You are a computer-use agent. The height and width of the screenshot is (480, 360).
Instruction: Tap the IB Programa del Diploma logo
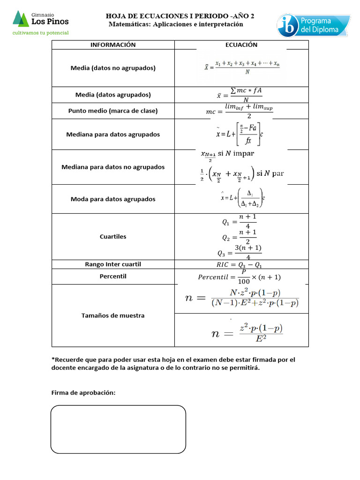[313, 25]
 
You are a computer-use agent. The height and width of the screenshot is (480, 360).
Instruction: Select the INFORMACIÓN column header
[113, 45]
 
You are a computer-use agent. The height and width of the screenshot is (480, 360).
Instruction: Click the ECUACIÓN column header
[241, 45]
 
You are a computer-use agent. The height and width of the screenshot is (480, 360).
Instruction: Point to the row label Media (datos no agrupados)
[113, 68]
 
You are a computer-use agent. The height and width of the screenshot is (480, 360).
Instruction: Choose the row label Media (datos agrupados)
[113, 95]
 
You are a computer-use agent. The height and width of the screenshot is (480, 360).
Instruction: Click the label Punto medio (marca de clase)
[113, 111]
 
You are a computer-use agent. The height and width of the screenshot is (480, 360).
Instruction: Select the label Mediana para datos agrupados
[113, 135]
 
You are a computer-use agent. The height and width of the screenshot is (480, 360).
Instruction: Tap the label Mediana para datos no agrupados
[113, 167]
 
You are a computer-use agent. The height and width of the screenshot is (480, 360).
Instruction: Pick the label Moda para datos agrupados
[113, 199]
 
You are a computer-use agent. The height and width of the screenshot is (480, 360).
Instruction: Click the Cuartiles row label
[113, 237]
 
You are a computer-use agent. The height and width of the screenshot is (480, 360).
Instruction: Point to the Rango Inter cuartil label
[113, 264]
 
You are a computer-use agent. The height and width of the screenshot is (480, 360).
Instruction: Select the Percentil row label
[113, 277]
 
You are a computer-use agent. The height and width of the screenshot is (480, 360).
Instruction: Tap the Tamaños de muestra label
[113, 315]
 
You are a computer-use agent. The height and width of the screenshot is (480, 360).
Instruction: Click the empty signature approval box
[118, 429]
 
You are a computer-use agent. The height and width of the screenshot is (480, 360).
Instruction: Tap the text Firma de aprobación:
[83, 393]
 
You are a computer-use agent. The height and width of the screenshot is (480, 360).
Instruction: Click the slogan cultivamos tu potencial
[41, 33]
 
